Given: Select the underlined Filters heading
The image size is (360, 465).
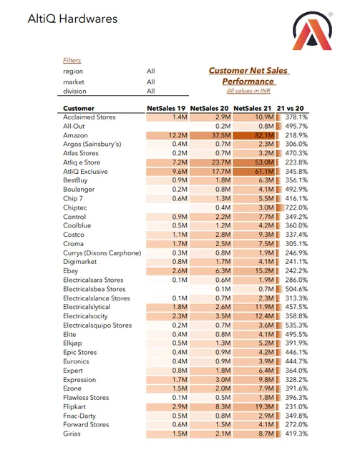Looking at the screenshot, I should click(72, 61).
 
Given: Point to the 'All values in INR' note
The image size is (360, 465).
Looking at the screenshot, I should click(249, 91).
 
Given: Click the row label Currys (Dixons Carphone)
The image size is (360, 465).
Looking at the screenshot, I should click(102, 253).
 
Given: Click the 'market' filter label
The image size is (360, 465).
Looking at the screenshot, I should click(74, 82).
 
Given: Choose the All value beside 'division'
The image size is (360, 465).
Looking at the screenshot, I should click(151, 91).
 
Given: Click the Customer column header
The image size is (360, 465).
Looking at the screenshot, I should click(79, 107).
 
